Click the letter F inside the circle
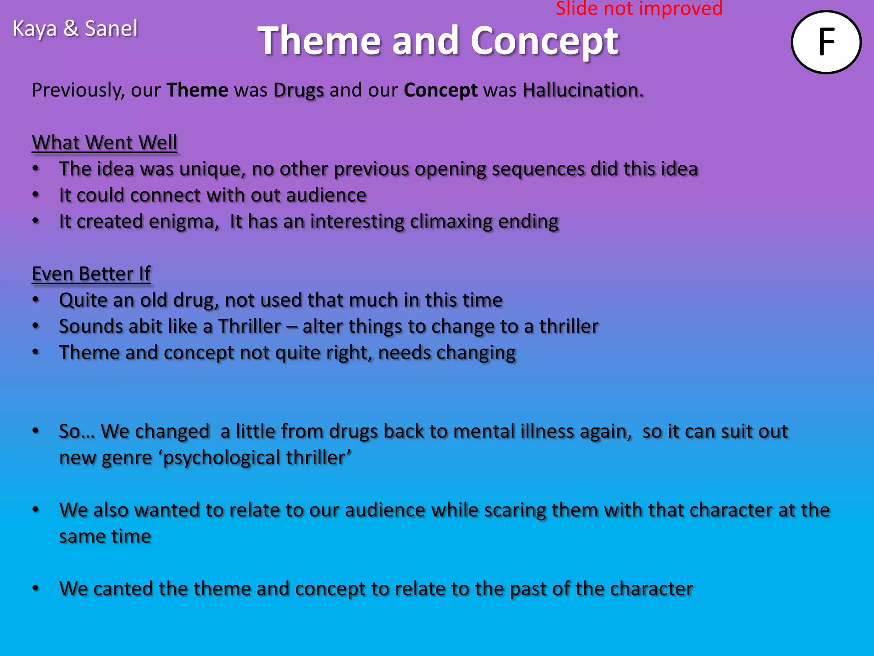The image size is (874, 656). (x=827, y=42)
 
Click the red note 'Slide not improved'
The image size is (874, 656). (x=639, y=9)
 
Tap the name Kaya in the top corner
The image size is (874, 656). (x=34, y=29)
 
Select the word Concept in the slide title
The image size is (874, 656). (x=544, y=41)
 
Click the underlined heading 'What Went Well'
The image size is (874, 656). (x=105, y=142)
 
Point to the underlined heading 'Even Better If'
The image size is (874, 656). (x=91, y=274)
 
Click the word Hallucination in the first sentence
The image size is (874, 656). (x=583, y=90)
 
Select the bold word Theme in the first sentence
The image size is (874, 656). (x=197, y=90)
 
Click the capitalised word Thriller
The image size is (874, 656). (x=250, y=327)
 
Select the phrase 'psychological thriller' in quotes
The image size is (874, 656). (x=257, y=458)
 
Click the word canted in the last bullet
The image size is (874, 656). (x=123, y=589)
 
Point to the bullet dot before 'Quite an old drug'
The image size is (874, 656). (x=36, y=300)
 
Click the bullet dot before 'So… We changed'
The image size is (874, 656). (x=36, y=431)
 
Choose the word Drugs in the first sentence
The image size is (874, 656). (x=298, y=91)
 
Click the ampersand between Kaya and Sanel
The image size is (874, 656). (x=70, y=29)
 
